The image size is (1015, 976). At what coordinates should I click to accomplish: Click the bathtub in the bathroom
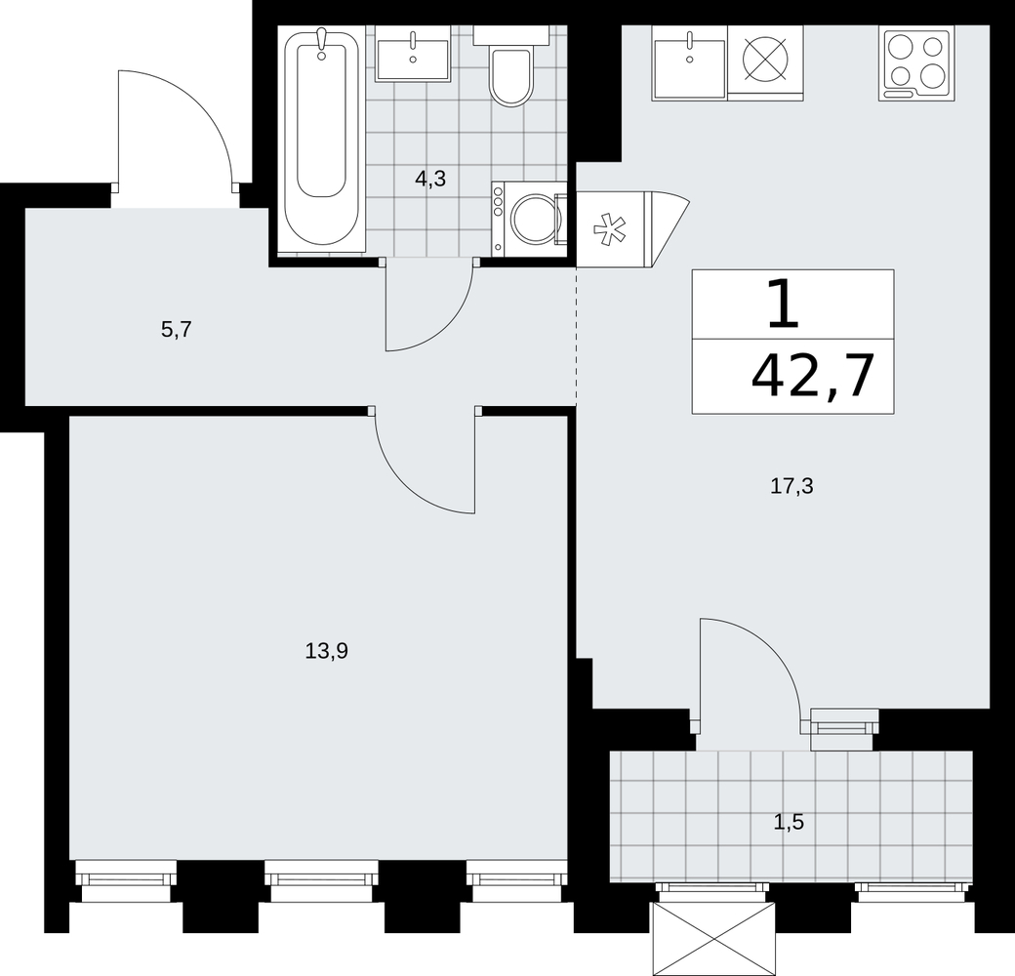[322, 138]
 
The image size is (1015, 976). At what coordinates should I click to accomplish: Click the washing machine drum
[534, 218]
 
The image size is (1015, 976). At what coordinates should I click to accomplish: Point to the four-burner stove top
[916, 62]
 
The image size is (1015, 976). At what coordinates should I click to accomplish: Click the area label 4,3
[430, 179]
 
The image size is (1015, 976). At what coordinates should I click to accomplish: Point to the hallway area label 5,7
[177, 330]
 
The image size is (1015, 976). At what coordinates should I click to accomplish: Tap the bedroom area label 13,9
[327, 650]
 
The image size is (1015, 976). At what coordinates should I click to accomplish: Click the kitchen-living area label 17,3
[792, 485]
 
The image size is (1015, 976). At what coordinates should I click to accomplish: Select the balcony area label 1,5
[789, 822]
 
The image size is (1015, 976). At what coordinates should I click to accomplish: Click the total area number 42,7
[813, 376]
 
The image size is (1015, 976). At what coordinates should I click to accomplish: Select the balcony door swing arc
[764, 654]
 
